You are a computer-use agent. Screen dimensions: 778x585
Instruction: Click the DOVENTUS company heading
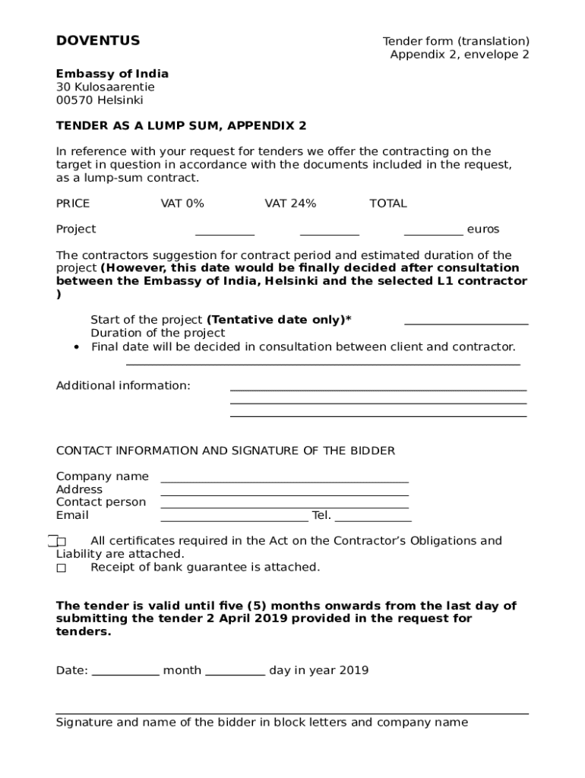(x=98, y=41)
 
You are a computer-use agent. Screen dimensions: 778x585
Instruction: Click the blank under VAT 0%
(x=225, y=233)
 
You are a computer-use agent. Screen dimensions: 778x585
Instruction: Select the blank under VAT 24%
(x=330, y=233)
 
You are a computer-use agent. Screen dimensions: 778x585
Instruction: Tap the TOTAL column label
(x=387, y=204)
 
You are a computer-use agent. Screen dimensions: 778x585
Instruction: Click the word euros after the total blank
(x=483, y=229)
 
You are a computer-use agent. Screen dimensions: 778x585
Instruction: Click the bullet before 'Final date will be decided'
(x=77, y=348)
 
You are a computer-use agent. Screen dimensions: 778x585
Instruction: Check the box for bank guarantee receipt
(x=62, y=568)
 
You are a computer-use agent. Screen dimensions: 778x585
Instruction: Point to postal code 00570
(x=73, y=100)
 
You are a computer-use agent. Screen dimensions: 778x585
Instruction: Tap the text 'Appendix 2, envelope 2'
(x=460, y=55)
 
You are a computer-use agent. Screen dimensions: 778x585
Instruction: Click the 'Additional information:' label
(x=123, y=386)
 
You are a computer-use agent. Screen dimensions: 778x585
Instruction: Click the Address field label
(x=79, y=490)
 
